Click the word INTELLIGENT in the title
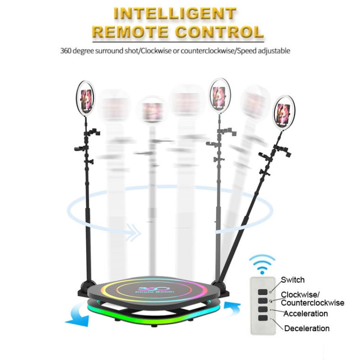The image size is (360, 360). [x=175, y=13]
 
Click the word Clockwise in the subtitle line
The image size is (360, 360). [x=156, y=50]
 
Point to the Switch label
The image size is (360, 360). [x=293, y=280]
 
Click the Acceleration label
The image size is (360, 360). [x=306, y=313]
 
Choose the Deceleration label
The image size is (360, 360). [x=307, y=328]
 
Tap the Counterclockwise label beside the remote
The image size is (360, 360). [x=312, y=302]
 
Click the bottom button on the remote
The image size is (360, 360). [x=263, y=318]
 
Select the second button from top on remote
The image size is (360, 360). [x=263, y=300]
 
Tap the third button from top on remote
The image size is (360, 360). [x=263, y=309]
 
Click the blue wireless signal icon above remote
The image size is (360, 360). [x=262, y=264]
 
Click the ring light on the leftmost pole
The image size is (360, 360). [x=85, y=98]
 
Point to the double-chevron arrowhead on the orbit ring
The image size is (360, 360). [x=134, y=233]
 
